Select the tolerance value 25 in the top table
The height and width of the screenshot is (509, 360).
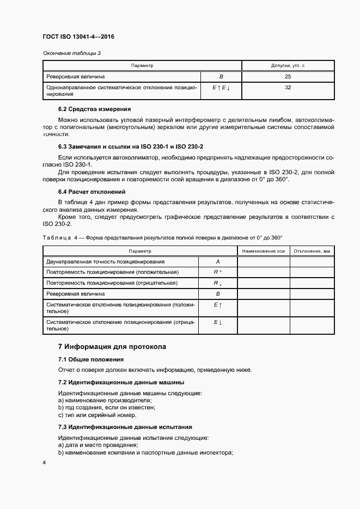point(288,76)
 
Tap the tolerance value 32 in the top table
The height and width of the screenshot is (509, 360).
point(288,87)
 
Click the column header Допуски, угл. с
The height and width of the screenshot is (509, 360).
point(288,65)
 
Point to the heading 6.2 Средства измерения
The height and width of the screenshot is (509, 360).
point(94,108)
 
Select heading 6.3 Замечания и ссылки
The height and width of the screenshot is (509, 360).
point(131,147)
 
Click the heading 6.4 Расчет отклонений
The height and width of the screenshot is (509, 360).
point(91,192)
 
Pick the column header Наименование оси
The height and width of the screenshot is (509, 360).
point(264,251)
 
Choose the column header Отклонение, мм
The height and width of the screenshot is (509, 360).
point(312,251)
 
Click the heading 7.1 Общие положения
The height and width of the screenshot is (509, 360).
point(91,359)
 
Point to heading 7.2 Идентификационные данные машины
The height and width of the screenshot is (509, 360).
point(121,382)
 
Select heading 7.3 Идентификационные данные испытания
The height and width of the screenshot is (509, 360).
point(125,427)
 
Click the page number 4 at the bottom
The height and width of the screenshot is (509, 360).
point(44,463)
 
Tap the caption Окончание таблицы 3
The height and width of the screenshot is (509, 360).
point(72,53)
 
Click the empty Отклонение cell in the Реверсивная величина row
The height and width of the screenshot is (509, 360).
point(312,293)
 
